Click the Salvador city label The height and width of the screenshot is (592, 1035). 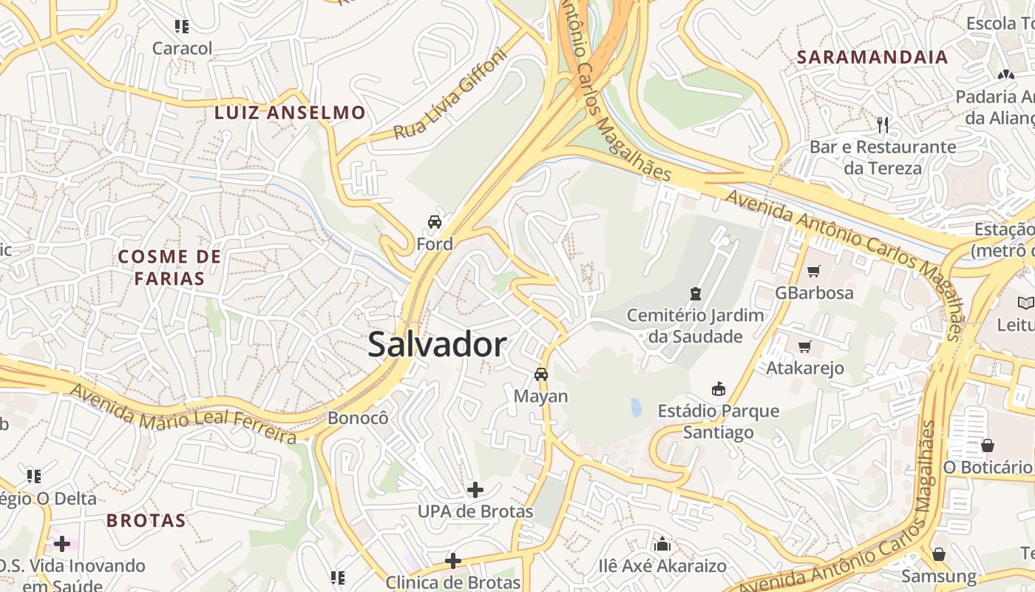[437, 345]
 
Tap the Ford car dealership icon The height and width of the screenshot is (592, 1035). [435, 221]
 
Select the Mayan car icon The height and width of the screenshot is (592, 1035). [541, 374]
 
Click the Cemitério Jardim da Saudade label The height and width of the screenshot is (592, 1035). [695, 326]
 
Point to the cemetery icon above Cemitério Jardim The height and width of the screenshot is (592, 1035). [695, 294]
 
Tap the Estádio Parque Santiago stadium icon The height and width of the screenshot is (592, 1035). [718, 388]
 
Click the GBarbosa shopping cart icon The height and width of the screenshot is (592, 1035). [814, 271]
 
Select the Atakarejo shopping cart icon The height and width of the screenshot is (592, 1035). [805, 346]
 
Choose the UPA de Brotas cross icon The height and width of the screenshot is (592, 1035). [475, 489]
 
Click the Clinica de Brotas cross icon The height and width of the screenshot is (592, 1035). [453, 561]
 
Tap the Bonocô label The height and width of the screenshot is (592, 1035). [358, 418]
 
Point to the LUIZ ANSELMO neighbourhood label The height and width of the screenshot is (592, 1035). [290, 112]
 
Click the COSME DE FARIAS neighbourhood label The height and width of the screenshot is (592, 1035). [170, 267]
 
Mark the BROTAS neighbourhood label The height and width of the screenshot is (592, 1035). [146, 520]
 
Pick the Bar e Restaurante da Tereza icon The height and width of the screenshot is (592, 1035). [882, 124]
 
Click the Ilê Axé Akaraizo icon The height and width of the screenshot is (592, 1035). [662, 545]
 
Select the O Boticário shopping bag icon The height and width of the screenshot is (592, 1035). [987, 445]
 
